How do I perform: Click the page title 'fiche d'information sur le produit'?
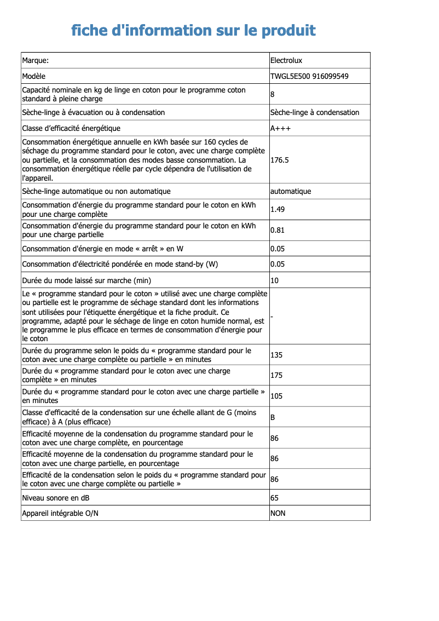[x=193, y=30]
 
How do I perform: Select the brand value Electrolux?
[x=286, y=60]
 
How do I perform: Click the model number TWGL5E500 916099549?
[x=309, y=76]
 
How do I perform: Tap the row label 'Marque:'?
[x=36, y=60]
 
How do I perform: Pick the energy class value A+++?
[x=281, y=128]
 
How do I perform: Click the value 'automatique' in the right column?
[x=291, y=191]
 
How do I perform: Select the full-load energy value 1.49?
[x=278, y=209]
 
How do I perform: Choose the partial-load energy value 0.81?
[x=278, y=230]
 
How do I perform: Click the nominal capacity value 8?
[x=273, y=95]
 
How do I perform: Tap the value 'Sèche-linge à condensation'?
[x=315, y=112]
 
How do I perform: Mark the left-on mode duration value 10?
[x=275, y=280]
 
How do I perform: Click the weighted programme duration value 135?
[x=276, y=355]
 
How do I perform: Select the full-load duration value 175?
[x=276, y=375]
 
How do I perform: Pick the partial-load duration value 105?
[x=276, y=396]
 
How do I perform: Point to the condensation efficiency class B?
[x=273, y=417]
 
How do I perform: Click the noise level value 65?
[x=275, y=498]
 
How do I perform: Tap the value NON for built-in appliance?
[x=278, y=513]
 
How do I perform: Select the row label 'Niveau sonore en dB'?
[x=56, y=498]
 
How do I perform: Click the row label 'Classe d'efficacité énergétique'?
[x=71, y=128]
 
